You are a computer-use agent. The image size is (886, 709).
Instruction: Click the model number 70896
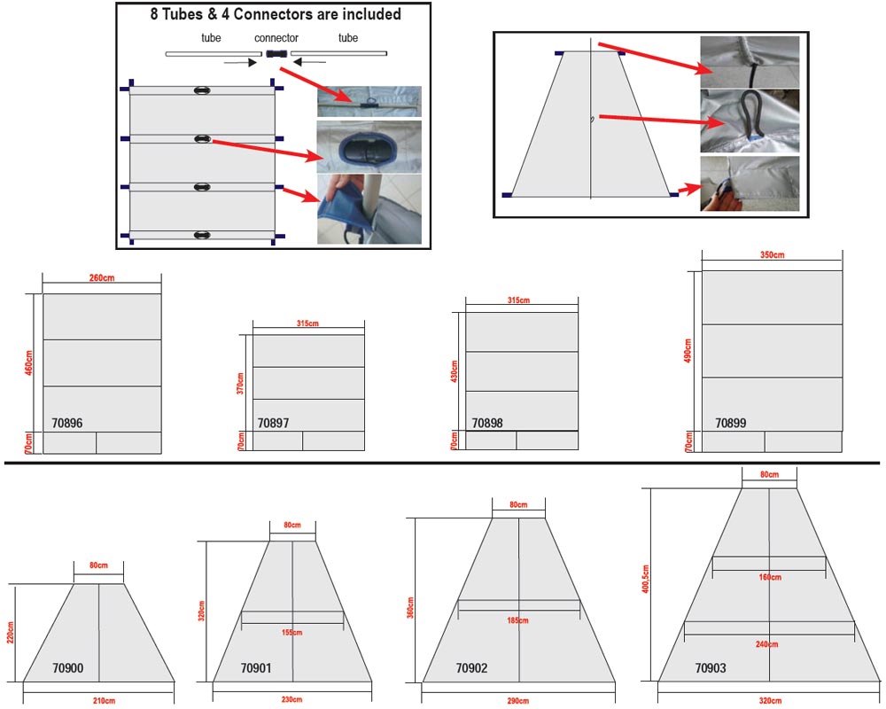tap(67, 424)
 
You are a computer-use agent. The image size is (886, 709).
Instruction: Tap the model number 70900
tap(67, 668)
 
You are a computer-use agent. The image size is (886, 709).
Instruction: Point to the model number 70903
tap(711, 668)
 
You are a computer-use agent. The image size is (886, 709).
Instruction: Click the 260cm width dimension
tap(102, 278)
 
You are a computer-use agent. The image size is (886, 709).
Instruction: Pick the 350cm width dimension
tap(772, 255)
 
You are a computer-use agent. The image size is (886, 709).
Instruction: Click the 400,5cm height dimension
tap(645, 580)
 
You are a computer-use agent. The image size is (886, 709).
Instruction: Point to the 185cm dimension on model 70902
tap(518, 620)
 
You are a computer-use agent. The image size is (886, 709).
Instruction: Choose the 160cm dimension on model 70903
tap(769, 577)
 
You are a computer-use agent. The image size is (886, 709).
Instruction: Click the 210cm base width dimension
tap(103, 701)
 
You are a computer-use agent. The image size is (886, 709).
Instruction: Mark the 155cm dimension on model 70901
tap(291, 633)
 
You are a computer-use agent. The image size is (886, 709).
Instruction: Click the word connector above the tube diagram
tap(276, 38)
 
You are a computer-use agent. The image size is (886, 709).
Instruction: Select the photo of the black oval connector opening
tap(369, 146)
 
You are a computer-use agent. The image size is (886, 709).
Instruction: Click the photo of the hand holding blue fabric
tap(369, 209)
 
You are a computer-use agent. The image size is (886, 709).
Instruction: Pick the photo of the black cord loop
tap(750, 121)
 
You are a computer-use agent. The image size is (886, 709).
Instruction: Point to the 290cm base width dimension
tap(517, 701)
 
